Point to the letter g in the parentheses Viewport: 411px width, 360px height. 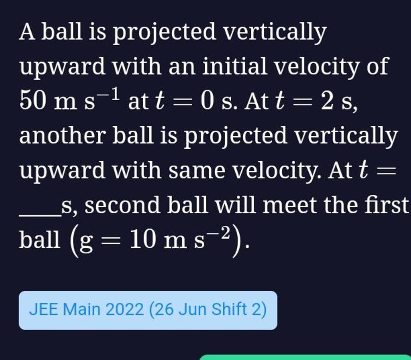[x=85, y=242]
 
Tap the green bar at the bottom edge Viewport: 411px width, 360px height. [x=305, y=357]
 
